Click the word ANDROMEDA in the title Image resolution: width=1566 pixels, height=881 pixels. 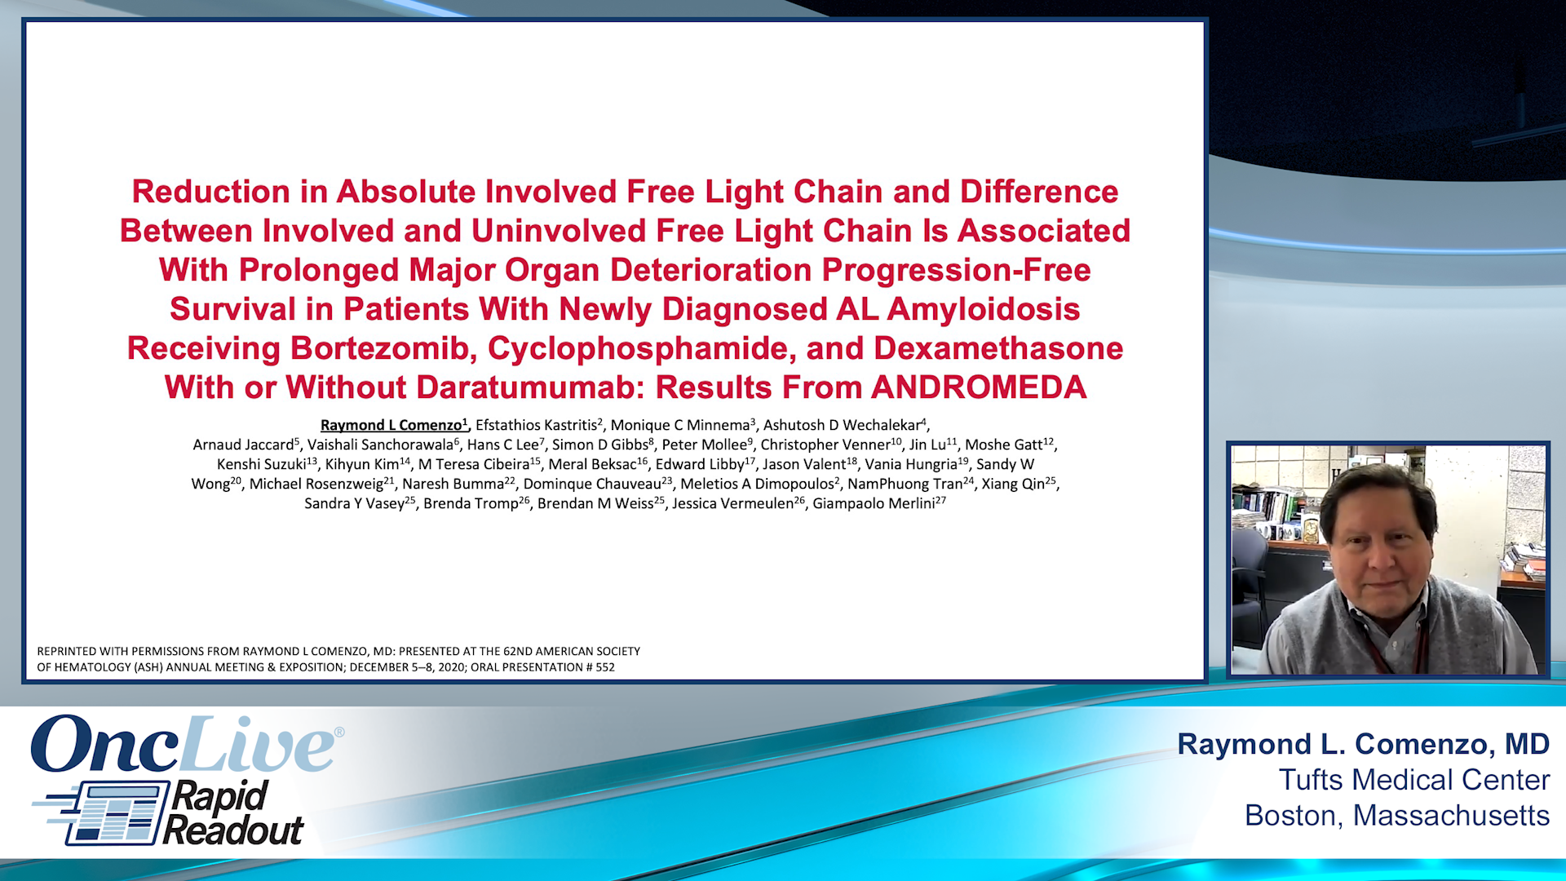(x=978, y=387)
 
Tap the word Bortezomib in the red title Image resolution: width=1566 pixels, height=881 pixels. (x=383, y=348)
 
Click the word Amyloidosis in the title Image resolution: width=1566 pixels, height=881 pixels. (x=983, y=309)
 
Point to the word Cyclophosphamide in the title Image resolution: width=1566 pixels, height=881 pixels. (x=641, y=348)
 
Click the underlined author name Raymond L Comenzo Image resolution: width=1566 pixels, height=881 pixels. (x=392, y=425)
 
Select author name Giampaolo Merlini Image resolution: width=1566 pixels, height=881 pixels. (x=875, y=503)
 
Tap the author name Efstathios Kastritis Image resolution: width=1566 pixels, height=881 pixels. (x=537, y=425)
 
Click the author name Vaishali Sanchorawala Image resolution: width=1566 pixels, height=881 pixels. (x=380, y=445)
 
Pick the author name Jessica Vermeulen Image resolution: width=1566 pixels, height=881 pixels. (x=732, y=503)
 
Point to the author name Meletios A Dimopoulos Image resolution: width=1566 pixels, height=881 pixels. (x=757, y=484)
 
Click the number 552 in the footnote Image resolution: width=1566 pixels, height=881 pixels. (x=605, y=667)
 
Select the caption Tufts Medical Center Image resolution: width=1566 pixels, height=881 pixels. (x=1413, y=780)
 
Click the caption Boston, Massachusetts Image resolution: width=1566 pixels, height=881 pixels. (x=1396, y=816)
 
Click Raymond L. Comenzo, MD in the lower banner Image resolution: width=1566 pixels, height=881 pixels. (x=1363, y=744)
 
